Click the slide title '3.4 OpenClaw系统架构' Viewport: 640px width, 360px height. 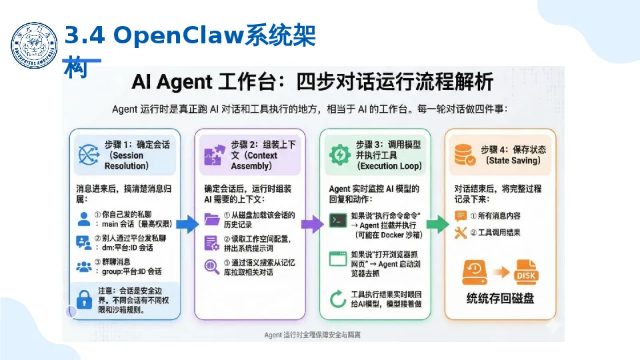(x=189, y=37)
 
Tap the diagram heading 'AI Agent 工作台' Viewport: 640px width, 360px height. (x=312, y=83)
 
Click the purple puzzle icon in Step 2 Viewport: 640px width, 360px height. (x=214, y=155)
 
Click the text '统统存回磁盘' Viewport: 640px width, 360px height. (x=500, y=299)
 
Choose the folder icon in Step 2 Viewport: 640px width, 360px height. (x=213, y=218)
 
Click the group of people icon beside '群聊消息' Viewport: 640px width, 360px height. (x=84, y=267)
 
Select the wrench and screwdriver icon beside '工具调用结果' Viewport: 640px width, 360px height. (x=461, y=233)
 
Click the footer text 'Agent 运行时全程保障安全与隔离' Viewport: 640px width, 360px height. (x=313, y=335)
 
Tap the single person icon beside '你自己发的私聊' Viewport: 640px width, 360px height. (x=84, y=218)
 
